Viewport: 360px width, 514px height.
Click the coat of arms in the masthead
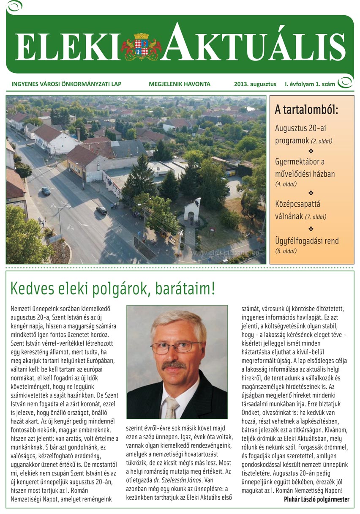tap(141, 46)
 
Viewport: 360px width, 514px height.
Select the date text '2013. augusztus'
tap(255, 84)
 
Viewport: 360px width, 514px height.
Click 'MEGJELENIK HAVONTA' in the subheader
tap(179, 84)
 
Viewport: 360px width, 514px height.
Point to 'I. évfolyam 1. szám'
tap(310, 84)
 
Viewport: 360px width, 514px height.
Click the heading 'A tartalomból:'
tap(307, 111)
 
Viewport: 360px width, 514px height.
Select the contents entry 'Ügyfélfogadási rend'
tap(307, 241)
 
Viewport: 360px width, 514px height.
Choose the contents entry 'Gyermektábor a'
tap(303, 161)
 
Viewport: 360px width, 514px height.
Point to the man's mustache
tap(174, 364)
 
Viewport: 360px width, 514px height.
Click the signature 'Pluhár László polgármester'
tap(316, 499)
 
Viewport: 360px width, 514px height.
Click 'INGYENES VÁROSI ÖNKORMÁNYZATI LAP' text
tap(66, 84)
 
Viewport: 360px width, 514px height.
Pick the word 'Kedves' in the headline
tap(33, 289)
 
